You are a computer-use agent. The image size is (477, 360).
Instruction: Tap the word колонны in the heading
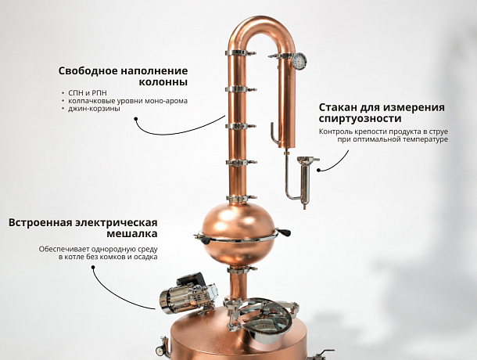[x=163, y=82]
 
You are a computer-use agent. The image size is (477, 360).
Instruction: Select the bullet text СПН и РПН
[x=88, y=93]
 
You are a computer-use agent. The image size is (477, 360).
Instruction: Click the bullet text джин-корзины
[x=94, y=109]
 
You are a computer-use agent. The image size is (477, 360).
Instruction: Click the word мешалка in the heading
[x=132, y=233]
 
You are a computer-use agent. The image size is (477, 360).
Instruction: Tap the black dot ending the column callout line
[x=136, y=119]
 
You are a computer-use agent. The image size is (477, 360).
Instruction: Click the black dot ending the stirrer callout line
[x=93, y=267]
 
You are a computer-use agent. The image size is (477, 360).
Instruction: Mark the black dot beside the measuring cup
[x=318, y=170]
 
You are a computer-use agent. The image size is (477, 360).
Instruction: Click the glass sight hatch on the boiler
[x=264, y=319]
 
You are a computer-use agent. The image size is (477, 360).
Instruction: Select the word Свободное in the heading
[x=88, y=70]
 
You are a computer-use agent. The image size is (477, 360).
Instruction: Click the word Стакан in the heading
[x=338, y=107]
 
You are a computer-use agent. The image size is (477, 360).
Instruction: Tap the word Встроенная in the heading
[x=40, y=222]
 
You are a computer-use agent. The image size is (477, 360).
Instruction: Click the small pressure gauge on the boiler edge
[x=160, y=351]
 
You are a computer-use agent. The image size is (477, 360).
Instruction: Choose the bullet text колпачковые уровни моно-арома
[x=127, y=101]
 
